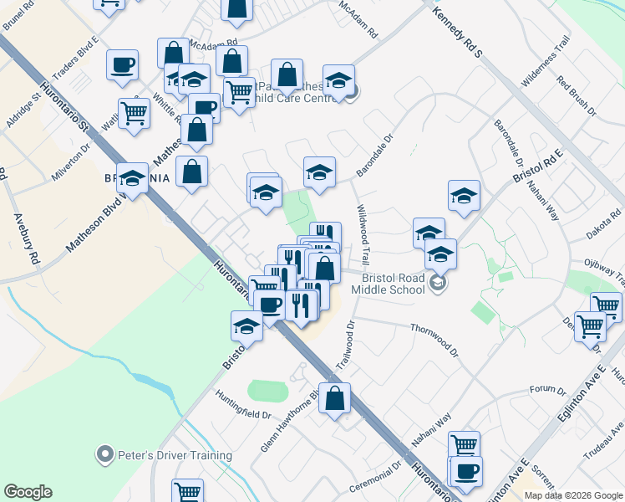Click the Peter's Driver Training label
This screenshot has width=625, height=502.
174,455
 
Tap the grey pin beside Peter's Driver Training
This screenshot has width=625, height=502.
104,455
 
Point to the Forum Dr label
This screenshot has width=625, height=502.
548,390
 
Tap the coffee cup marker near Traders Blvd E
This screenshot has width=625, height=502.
122,64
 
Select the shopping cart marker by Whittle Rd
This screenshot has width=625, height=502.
134,112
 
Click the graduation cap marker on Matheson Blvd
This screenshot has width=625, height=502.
132,178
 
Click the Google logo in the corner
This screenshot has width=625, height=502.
28,492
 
